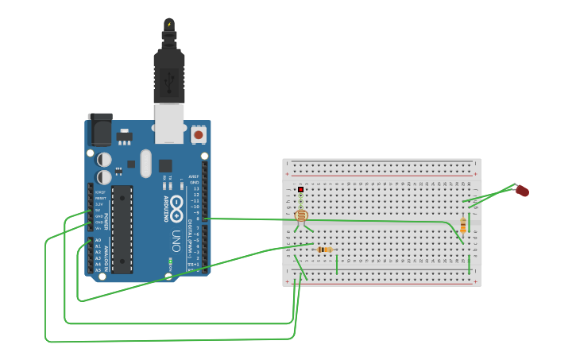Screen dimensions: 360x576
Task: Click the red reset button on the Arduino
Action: click(x=198, y=135)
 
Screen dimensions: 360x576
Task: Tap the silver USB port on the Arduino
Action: click(x=169, y=123)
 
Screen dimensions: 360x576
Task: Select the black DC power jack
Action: click(x=100, y=129)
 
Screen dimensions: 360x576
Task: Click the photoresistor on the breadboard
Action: click(x=301, y=215)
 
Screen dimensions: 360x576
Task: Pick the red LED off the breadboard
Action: click(x=522, y=191)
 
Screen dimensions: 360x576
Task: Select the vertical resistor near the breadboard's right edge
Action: click(x=463, y=226)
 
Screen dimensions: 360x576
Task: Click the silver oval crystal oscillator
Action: click(x=145, y=163)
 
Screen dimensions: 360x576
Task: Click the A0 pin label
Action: click(x=99, y=240)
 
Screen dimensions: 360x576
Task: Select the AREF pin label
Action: click(x=193, y=176)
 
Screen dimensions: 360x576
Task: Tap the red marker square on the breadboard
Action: click(x=301, y=189)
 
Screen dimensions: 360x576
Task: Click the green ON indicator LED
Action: click(x=170, y=260)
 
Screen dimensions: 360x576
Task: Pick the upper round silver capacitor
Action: click(x=104, y=160)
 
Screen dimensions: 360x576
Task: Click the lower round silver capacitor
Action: click(x=104, y=177)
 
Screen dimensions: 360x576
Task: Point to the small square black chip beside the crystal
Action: click(x=164, y=166)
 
